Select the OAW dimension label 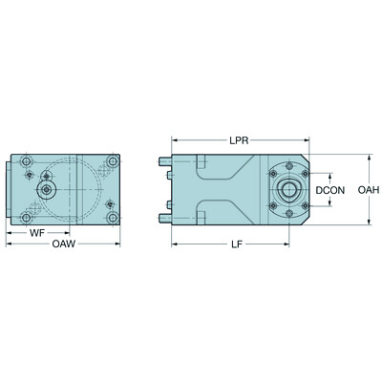[x=63, y=244]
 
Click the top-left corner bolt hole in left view [x=30, y=160]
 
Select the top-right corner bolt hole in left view [x=114, y=160]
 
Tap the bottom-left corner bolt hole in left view [x=30, y=218]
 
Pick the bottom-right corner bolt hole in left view [x=114, y=218]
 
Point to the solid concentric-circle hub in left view [x=46, y=189]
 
